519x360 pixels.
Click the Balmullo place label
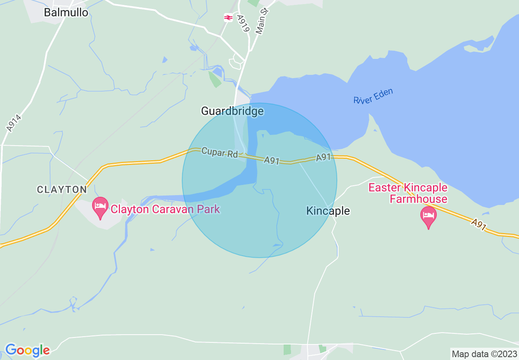pos(66,12)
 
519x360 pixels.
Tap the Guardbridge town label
pos(232,111)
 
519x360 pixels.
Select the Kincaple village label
pos(328,211)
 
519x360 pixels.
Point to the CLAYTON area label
pos(62,189)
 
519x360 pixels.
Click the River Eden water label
pos(373,96)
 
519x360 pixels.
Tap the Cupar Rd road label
pos(219,153)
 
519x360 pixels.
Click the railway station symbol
pos(228,18)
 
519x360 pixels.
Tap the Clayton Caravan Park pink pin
pos(100,207)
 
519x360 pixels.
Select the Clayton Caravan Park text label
pos(165,209)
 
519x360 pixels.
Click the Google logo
pos(27,350)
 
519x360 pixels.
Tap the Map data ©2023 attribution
pos(484,353)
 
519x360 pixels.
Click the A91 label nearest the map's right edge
pos(478,224)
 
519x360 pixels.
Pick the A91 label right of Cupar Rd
pos(271,160)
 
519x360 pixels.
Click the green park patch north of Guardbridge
pos(215,79)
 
